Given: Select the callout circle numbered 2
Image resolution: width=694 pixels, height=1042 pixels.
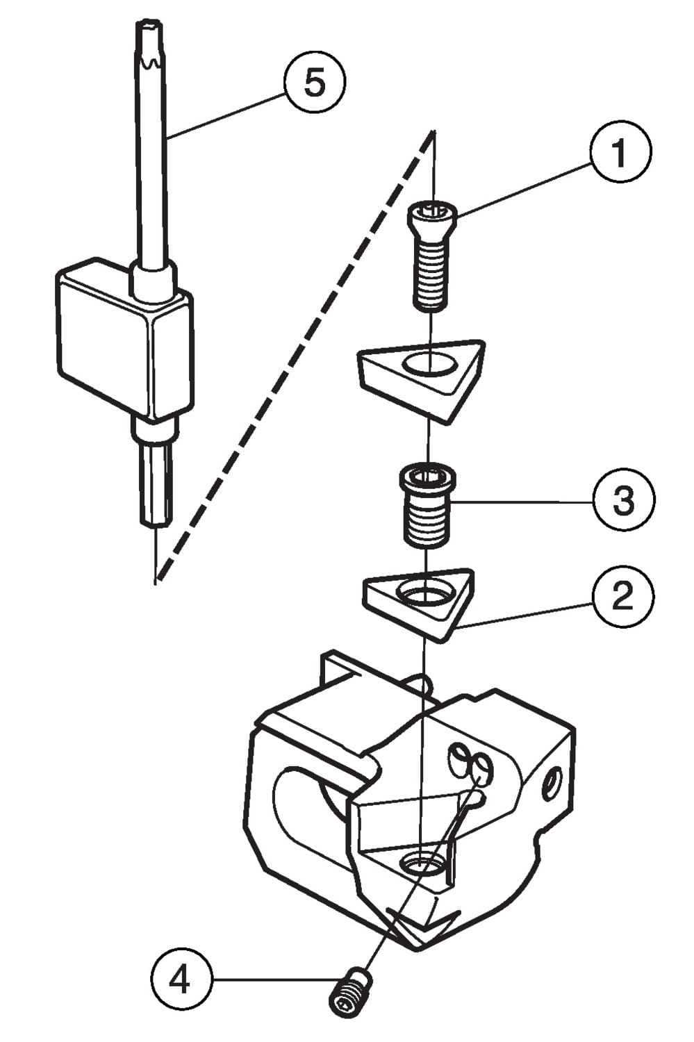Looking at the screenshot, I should pyautogui.click(x=622, y=595).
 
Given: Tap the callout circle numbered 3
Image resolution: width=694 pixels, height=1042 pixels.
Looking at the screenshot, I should pyautogui.click(x=623, y=499).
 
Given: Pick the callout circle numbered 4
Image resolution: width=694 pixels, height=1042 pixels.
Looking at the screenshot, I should pyautogui.click(x=180, y=981).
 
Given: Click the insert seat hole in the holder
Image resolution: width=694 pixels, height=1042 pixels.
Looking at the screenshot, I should pyautogui.click(x=421, y=863).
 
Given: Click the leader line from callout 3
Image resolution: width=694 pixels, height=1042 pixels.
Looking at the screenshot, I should pyautogui.click(x=521, y=502).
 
